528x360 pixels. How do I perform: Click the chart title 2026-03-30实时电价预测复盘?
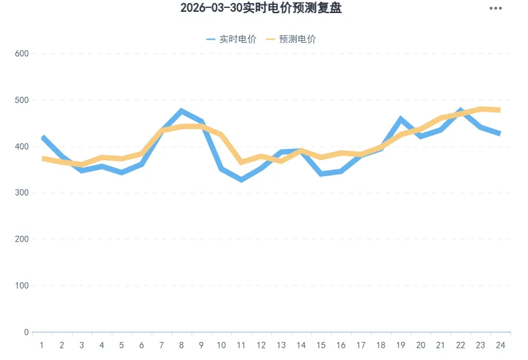tap(261, 8)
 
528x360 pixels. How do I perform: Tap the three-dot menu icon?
tap(495, 8)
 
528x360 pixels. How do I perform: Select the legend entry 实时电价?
tap(231, 39)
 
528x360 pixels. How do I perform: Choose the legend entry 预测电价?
tap(290, 39)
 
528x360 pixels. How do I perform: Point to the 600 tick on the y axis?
tap(22, 53)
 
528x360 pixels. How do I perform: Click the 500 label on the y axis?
tap(22, 100)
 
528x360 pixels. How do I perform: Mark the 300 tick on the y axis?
tap(22, 193)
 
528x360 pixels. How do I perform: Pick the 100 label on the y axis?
tap(22, 286)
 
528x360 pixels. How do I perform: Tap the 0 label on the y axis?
tap(26, 332)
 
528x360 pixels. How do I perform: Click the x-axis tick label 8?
tap(181, 345)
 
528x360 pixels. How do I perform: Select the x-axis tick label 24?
tap(499, 345)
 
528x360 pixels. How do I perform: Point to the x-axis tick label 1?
tap(42, 345)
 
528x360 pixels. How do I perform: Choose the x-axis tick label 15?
tap(321, 345)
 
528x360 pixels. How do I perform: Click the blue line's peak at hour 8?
tap(181, 111)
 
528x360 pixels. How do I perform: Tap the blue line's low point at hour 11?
tap(241, 180)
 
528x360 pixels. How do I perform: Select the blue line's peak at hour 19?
tap(400, 119)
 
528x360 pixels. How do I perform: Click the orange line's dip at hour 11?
tap(241, 162)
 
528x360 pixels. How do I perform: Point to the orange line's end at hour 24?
tap(499, 110)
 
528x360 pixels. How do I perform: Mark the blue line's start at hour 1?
tap(42, 137)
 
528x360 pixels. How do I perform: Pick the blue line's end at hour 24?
tap(499, 133)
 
